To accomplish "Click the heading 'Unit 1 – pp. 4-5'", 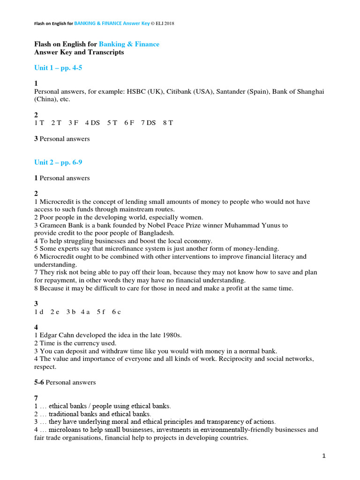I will click(x=58, y=68).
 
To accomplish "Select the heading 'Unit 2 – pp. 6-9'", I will click(x=58, y=162).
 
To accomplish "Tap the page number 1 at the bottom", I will click(x=324, y=456).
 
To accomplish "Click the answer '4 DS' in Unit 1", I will click(x=92, y=123).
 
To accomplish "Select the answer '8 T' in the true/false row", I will click(x=168, y=123).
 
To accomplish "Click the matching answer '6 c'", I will click(x=116, y=312).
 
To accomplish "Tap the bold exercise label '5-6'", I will click(x=39, y=382).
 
